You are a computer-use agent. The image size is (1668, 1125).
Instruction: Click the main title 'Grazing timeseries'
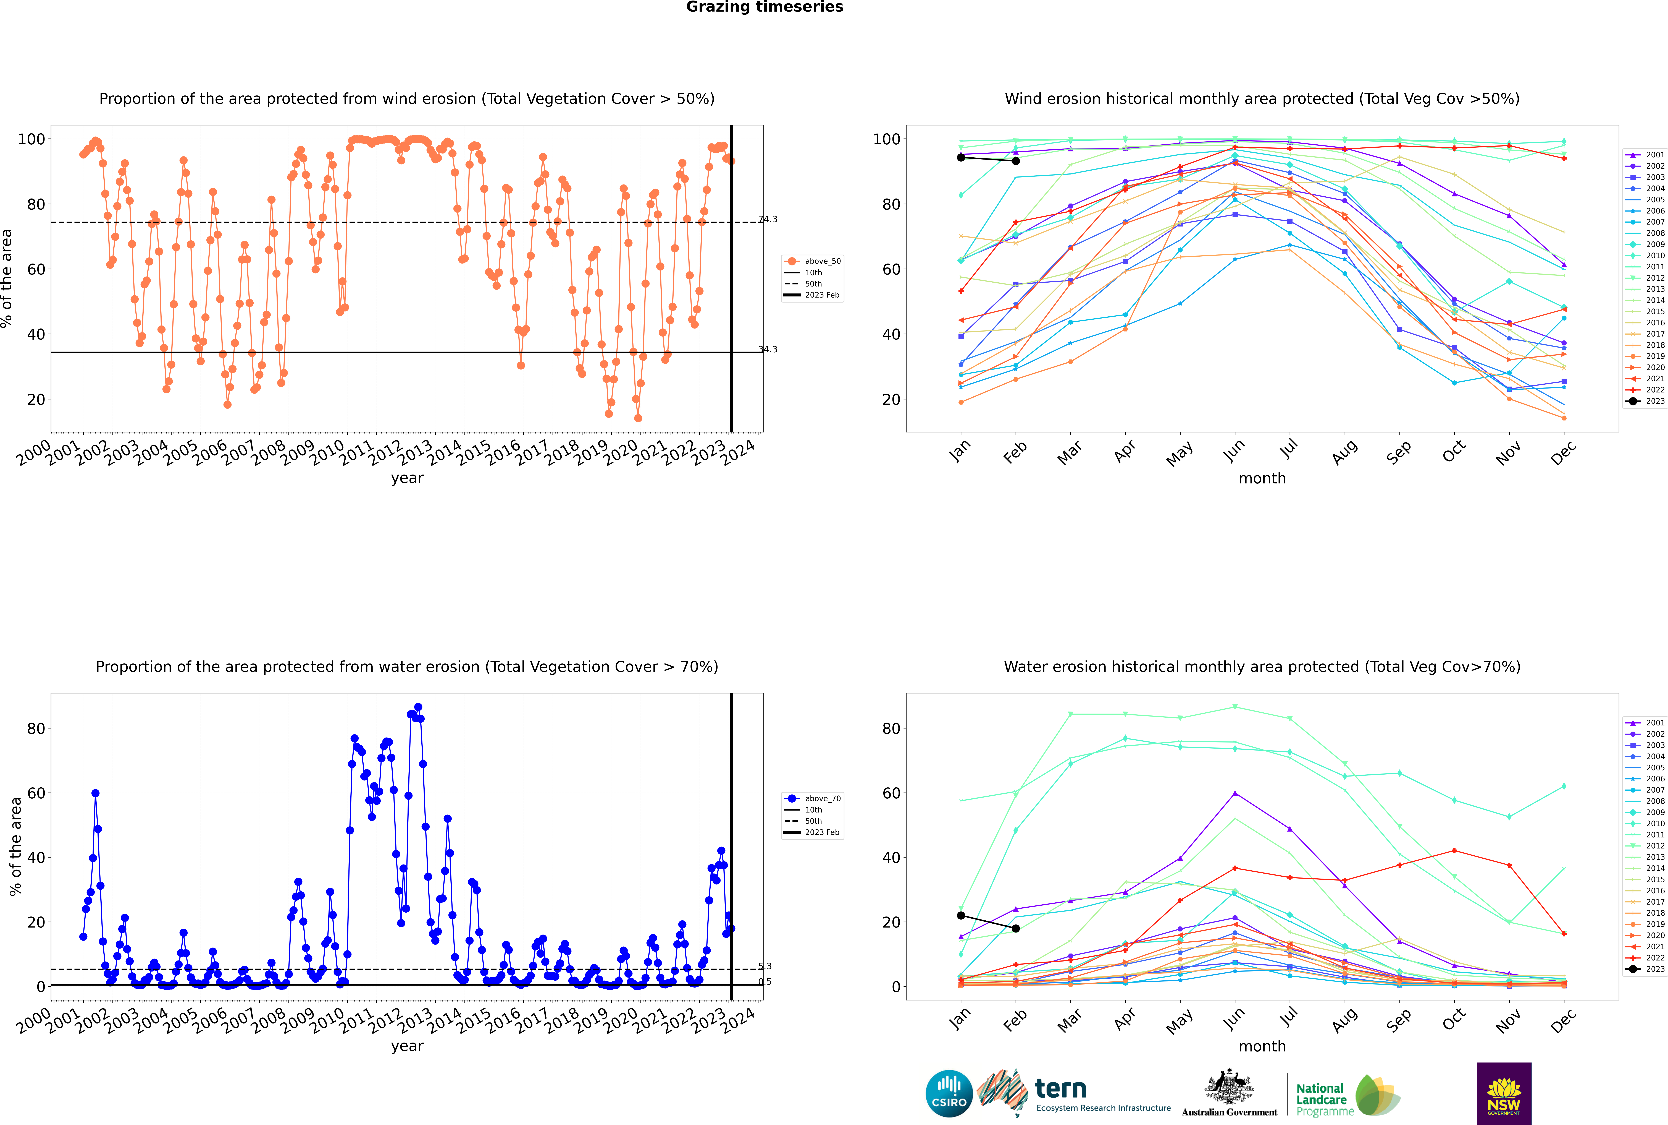pos(765,7)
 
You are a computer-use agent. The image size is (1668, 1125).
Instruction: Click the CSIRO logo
pos(949,1093)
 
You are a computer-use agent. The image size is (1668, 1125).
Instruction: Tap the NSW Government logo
pos(1504,1093)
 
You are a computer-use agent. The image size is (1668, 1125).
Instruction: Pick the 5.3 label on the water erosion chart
pos(765,967)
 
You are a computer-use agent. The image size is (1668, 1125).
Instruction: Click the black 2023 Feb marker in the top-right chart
pos(1015,161)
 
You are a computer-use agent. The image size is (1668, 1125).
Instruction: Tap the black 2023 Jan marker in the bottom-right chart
pos(961,915)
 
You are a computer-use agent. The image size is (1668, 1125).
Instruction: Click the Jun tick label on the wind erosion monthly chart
pos(1233,450)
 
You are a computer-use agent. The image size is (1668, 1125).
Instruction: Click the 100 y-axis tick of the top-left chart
pos(31,139)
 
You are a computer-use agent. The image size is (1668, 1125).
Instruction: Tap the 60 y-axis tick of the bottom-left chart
pos(36,793)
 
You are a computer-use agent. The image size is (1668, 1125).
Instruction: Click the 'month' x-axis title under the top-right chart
pos(1262,479)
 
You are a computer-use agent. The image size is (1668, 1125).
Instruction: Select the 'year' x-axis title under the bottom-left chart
pos(407,1046)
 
